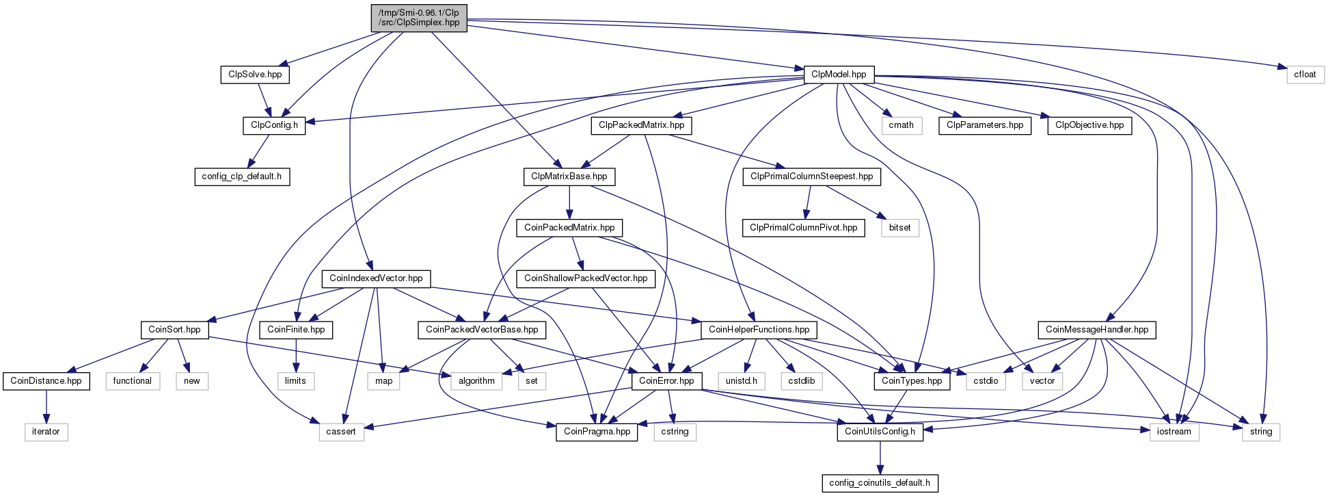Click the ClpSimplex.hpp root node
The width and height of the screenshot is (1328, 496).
click(x=419, y=17)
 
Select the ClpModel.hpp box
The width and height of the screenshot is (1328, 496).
click(x=839, y=75)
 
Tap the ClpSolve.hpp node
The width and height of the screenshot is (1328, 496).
click(x=255, y=75)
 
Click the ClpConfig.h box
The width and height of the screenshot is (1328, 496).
click(x=274, y=125)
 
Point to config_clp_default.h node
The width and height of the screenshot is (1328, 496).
click(x=242, y=177)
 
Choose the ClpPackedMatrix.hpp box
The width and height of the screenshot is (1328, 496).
click(x=641, y=125)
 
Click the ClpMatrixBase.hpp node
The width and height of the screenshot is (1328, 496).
click(x=569, y=177)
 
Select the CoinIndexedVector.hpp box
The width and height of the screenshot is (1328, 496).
click(x=376, y=278)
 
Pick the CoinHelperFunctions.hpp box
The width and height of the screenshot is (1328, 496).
click(x=759, y=330)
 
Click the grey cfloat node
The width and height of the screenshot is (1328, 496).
click(x=1305, y=75)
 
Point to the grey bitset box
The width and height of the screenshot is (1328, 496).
click(x=900, y=228)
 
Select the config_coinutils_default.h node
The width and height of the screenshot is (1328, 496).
click(x=880, y=483)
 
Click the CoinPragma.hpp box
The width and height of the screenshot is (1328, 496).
click(x=597, y=432)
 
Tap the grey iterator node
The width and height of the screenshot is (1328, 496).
click(x=46, y=432)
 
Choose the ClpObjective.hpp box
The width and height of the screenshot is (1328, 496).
click(x=1089, y=125)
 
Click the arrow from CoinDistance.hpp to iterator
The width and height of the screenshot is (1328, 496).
click(x=46, y=406)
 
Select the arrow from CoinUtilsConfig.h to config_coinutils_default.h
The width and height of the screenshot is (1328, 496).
click(x=880, y=458)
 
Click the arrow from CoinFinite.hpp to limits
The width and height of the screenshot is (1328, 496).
click(x=295, y=356)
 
